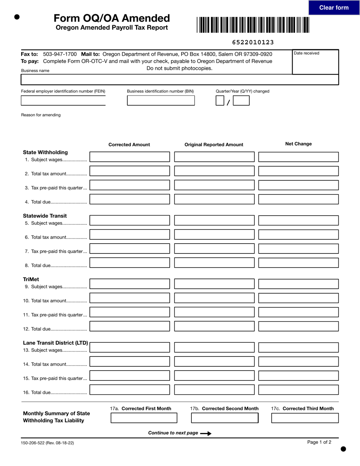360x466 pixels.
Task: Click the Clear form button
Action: [x=334, y=8]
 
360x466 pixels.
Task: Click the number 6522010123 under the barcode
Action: [x=253, y=42]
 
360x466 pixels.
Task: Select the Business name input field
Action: [x=180, y=80]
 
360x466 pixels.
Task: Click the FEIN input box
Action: [x=63, y=100]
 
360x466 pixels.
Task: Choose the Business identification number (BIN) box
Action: [x=161, y=100]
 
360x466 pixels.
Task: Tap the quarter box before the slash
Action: [x=220, y=100]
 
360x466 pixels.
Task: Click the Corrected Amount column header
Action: [x=129, y=145]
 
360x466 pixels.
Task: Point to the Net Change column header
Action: [x=298, y=144]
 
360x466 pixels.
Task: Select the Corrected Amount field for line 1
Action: [x=130, y=157]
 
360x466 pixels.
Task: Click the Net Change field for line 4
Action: [x=298, y=199]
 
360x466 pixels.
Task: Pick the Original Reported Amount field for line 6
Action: [x=214, y=235]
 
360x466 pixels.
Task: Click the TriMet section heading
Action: [x=31, y=279]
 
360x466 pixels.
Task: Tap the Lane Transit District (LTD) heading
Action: [x=55, y=343]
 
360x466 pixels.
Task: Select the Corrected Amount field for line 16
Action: [x=130, y=390]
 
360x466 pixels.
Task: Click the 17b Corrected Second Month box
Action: [x=224, y=418]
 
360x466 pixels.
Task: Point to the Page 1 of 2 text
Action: [x=319, y=442]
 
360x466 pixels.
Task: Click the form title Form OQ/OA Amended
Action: [x=111, y=18]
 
